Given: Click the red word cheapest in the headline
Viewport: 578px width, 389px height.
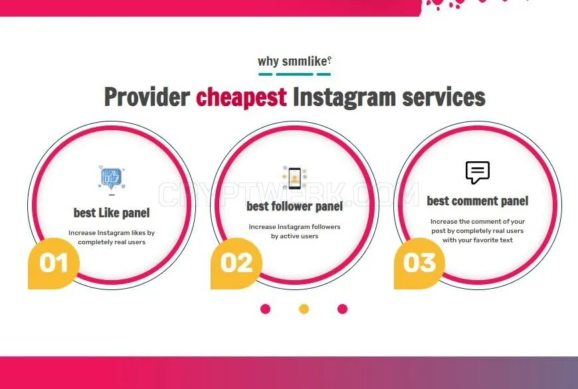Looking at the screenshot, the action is (x=241, y=97).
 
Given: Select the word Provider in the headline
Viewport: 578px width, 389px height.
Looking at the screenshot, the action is (x=147, y=96).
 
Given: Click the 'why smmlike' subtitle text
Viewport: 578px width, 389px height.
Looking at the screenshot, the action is (x=294, y=61).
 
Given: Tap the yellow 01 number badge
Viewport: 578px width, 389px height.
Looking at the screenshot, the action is (x=54, y=264).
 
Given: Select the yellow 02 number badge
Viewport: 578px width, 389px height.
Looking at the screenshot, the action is (x=237, y=264).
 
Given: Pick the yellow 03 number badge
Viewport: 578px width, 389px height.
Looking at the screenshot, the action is (x=419, y=264).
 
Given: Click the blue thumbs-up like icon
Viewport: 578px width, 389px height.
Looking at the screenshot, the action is (x=112, y=177).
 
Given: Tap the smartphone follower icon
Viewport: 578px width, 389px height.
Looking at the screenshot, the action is (x=294, y=178).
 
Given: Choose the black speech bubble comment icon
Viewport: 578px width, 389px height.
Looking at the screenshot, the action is (x=478, y=173).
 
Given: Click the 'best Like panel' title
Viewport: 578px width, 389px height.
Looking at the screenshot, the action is (x=112, y=213).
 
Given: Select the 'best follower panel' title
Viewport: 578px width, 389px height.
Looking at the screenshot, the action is (x=294, y=206).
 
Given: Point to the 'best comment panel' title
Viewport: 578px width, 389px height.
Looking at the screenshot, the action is (x=478, y=201).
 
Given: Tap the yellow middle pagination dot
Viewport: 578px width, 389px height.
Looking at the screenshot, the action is (x=304, y=309).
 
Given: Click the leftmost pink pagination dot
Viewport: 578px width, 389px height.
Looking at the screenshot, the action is (x=265, y=309).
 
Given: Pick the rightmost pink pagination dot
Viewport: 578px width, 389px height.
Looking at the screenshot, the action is (x=342, y=309).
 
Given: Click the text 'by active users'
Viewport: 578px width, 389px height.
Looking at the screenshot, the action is (x=294, y=236).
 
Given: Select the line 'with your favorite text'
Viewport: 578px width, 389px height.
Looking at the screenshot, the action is (x=478, y=240).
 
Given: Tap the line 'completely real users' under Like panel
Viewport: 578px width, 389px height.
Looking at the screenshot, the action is (x=112, y=242).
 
